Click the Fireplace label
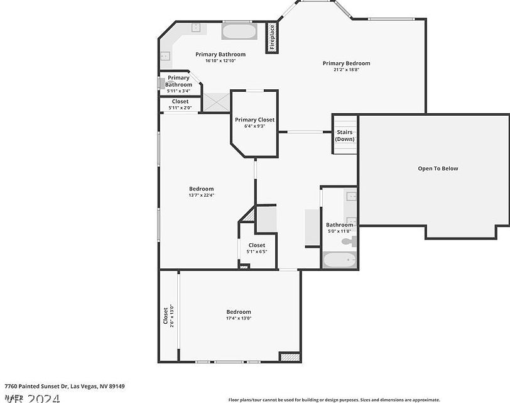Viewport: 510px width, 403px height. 272,38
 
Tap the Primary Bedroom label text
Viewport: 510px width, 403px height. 346,63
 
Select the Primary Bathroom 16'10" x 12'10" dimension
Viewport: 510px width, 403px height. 220,61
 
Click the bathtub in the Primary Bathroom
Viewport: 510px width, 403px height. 239,31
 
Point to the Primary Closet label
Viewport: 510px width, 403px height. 254,119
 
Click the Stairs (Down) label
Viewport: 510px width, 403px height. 344,136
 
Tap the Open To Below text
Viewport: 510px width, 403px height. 438,168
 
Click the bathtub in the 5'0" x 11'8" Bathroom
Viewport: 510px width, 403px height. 339,259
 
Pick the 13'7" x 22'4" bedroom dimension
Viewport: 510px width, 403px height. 202,196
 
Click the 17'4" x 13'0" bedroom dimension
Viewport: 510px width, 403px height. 239,318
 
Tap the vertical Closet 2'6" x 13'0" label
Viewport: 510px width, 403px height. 168,317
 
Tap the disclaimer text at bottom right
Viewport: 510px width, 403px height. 334,399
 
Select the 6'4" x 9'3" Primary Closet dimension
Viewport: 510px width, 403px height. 254,126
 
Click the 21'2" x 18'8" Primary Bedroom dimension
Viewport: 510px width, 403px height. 346,70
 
